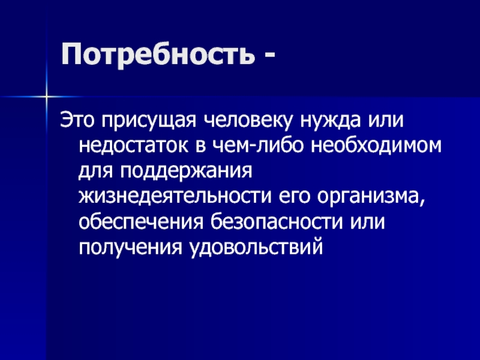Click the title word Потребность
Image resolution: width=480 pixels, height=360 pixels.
point(158,55)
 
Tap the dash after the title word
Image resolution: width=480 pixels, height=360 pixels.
point(268,55)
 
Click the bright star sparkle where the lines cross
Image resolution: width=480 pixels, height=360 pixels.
point(46,97)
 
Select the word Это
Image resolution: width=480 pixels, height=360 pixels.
point(78,119)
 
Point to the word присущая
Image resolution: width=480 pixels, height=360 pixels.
point(149,121)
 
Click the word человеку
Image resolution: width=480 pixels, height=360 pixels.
point(248,121)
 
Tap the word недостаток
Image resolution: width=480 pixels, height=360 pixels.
point(134,146)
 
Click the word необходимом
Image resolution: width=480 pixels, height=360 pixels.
point(377,145)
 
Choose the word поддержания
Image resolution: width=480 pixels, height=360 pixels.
point(187,172)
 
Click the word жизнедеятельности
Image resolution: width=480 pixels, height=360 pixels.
point(175,197)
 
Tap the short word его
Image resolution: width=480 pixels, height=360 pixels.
point(295,198)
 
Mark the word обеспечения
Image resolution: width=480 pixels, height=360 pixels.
point(142,222)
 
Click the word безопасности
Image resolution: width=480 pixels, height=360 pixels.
point(277,222)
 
